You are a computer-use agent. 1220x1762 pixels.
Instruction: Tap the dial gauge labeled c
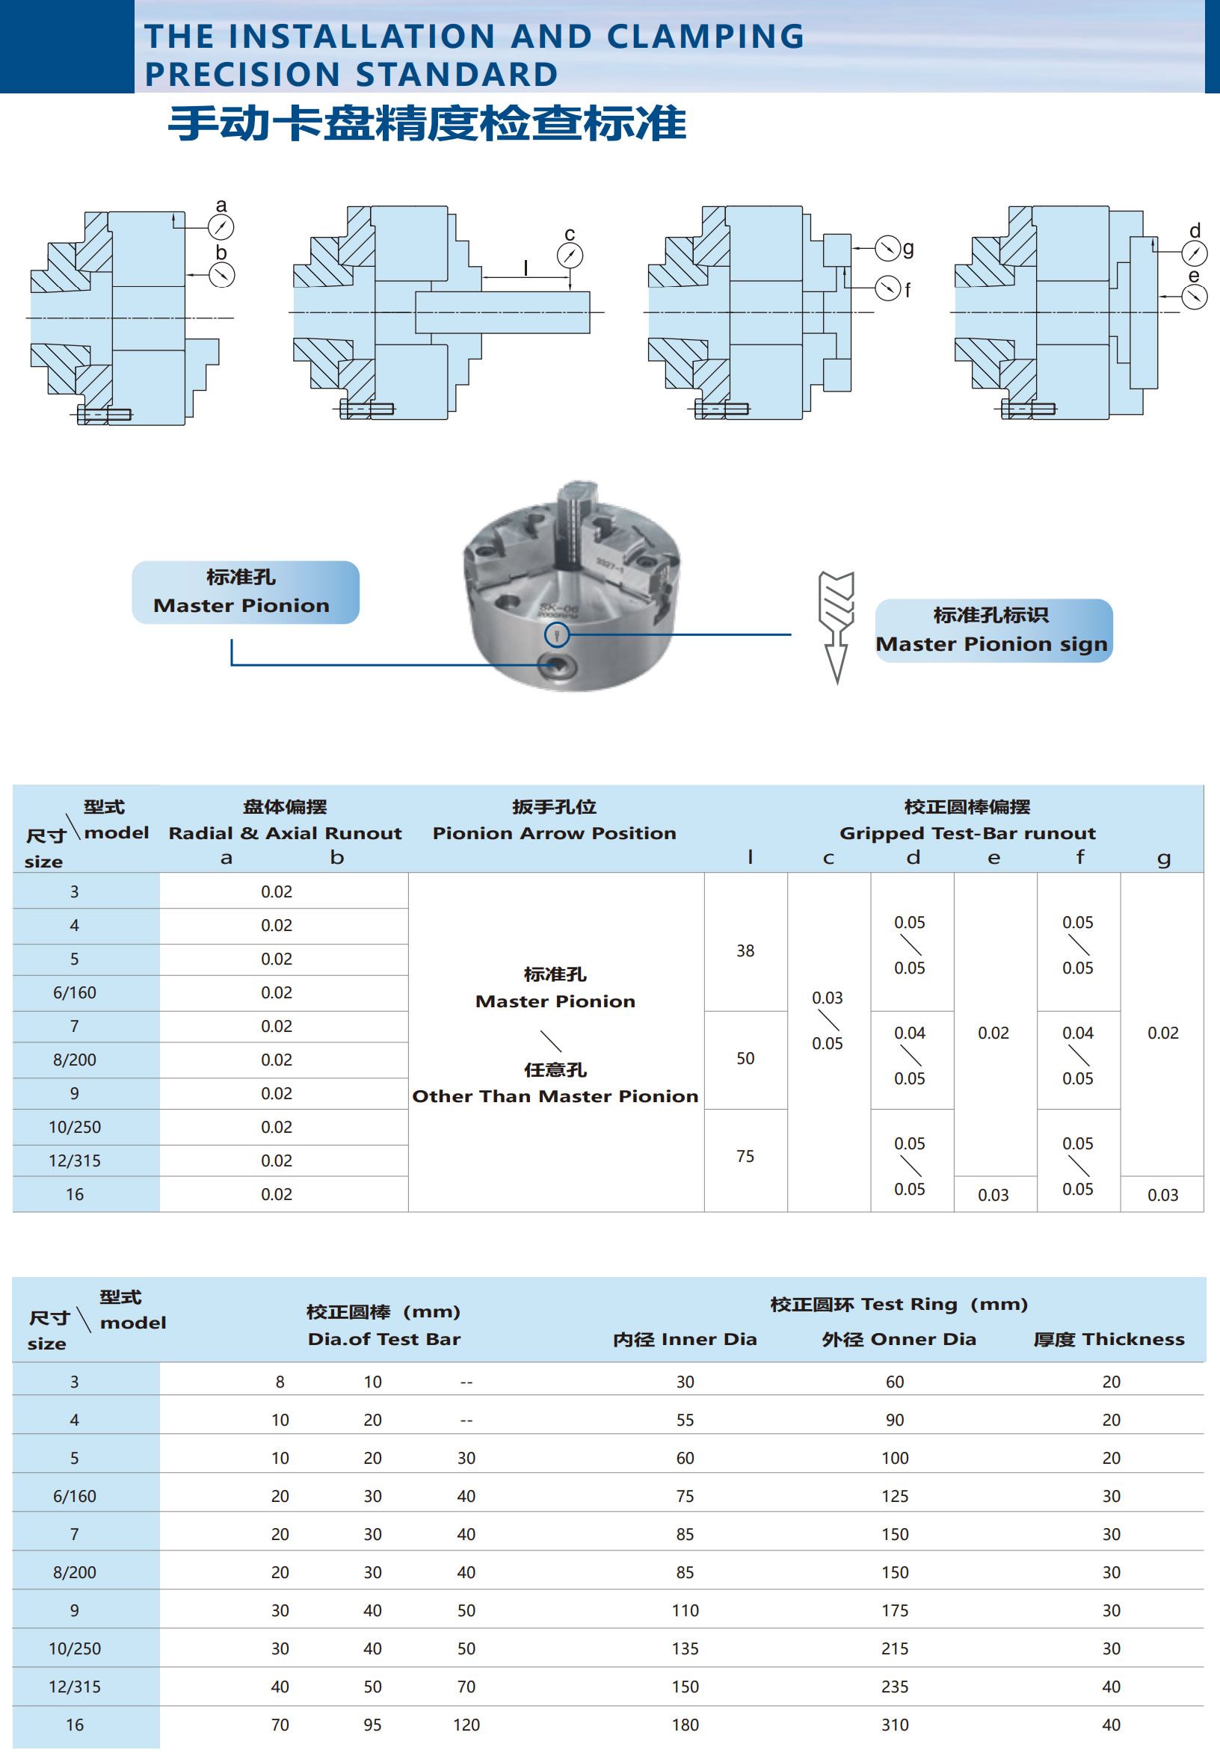pos(570,256)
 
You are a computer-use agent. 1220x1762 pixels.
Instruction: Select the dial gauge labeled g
pos(887,247)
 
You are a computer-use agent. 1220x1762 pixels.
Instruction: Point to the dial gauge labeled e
pos(1194,297)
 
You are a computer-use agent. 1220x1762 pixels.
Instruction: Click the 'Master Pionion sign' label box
pos(992,631)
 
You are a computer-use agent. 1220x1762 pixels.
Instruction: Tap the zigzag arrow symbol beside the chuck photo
pos(836,625)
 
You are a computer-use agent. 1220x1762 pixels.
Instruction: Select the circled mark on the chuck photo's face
pos(555,634)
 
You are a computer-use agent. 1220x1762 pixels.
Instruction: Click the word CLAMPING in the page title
pos(705,37)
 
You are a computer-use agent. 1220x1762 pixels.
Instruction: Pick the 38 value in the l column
pos(745,950)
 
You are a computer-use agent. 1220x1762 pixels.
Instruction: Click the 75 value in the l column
pos(745,1156)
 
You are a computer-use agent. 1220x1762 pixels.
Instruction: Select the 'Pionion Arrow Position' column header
pos(554,833)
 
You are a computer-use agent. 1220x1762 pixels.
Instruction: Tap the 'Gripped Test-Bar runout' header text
pos(967,833)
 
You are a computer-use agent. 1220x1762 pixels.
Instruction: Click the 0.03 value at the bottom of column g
pos(1162,1195)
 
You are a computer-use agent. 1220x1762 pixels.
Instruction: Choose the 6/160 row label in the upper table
pos(75,992)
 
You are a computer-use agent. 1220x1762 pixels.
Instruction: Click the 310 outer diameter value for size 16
pos(894,1725)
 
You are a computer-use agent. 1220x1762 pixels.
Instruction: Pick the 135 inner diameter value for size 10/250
pos(685,1648)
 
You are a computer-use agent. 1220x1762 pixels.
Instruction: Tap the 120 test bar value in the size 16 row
pos(466,1725)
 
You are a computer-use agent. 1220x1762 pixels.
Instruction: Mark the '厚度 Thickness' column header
pos(1109,1339)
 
